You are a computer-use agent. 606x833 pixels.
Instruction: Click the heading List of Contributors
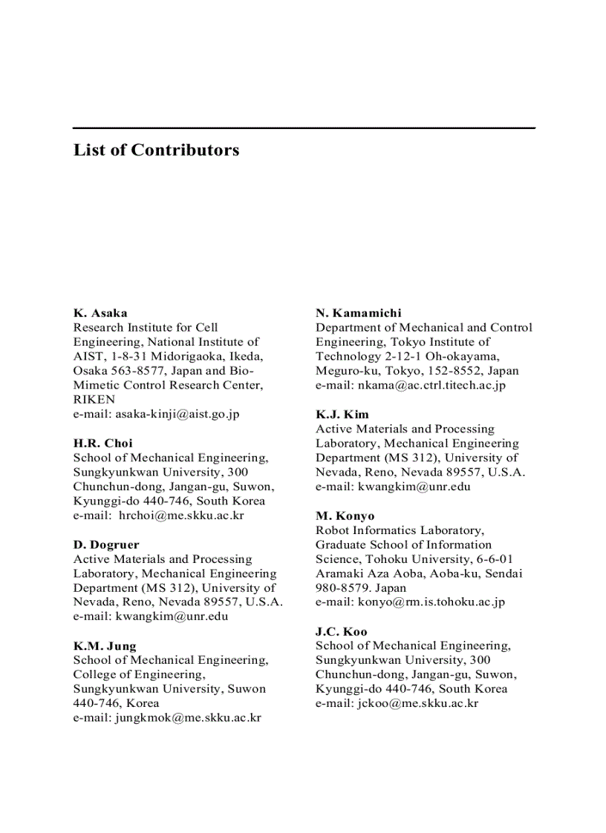pos(156,150)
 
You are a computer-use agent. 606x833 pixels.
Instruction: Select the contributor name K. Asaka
pos(100,313)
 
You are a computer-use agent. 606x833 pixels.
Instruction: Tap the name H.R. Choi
pos(102,444)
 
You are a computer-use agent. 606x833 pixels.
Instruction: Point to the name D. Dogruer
pos(106,545)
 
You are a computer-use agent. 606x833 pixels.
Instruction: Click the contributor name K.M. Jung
pos(105,646)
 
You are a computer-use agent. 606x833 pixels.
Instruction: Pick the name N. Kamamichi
pos(359,313)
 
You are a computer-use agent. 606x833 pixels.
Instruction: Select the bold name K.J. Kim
pos(342,415)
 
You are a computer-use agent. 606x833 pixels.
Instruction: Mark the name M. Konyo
pos(345,516)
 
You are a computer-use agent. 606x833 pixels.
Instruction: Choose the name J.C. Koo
pos(342,632)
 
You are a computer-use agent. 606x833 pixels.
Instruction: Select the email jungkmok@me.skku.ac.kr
pos(187,718)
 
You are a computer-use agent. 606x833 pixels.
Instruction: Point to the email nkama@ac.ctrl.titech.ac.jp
pos(431,386)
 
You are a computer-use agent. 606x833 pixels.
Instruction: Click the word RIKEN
pos(94,400)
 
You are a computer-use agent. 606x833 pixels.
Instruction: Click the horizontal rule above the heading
pos(304,128)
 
